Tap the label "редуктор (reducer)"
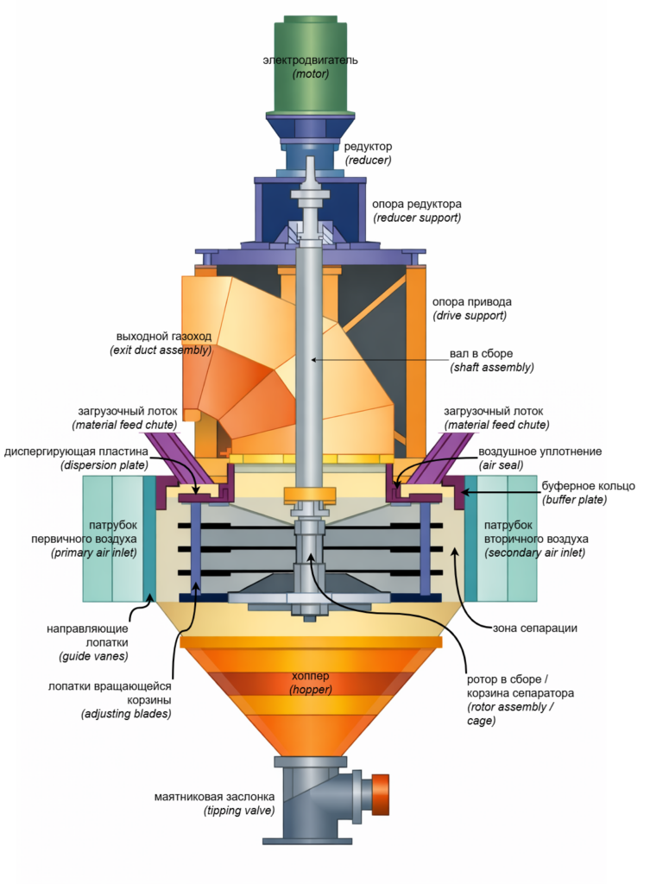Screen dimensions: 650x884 [x=368, y=154]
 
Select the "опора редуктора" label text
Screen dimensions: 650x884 [x=416, y=204]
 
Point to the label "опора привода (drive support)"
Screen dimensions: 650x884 [x=471, y=308]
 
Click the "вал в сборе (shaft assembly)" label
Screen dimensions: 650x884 [x=491, y=361]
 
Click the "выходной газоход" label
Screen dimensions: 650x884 [x=164, y=336]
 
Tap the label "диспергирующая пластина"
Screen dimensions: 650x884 [x=76, y=451]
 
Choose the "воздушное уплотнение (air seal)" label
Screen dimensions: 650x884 [x=540, y=458]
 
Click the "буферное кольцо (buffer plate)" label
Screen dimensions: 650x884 [x=588, y=493]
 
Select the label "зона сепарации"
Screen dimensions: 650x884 [x=535, y=628]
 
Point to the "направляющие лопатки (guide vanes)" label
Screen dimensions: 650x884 [x=87, y=642]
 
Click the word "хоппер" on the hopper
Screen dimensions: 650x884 [x=310, y=675]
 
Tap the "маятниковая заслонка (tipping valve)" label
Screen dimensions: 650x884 [x=214, y=804]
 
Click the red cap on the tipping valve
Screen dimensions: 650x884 [x=381, y=794]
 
